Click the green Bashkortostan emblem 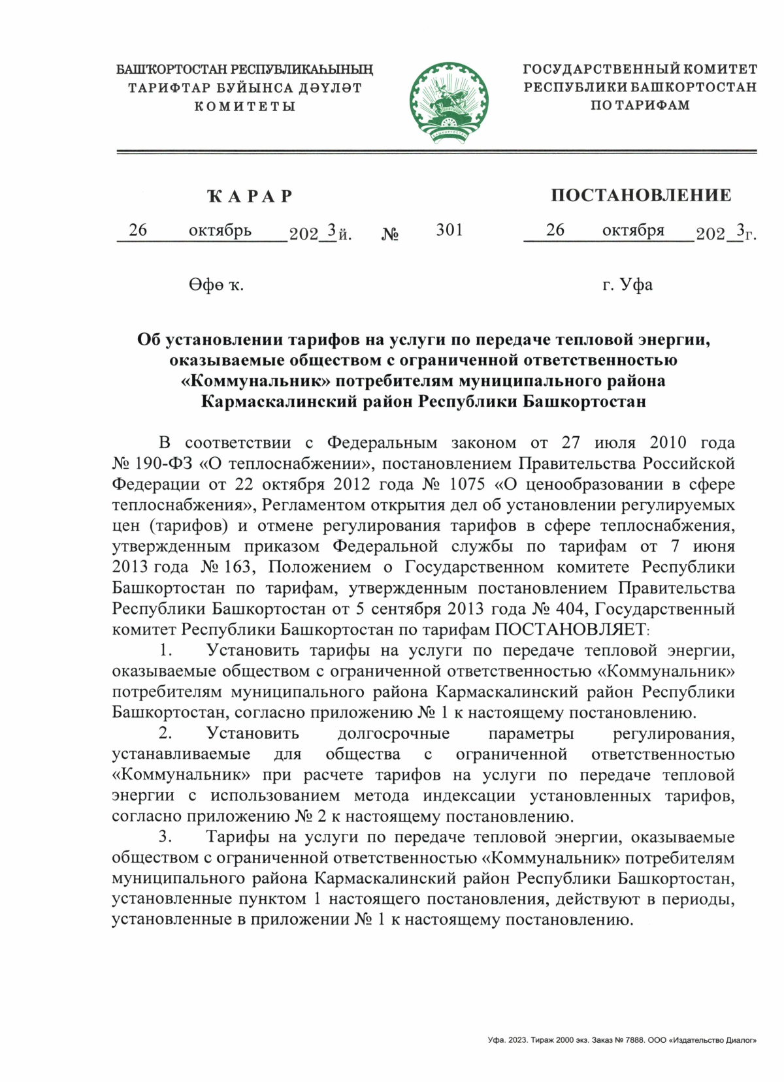449,103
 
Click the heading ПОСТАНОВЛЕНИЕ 640,195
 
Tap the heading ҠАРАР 250,196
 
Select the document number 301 449,230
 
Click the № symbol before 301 390,234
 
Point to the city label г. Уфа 627,285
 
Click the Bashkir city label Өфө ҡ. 216,285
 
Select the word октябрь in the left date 220,231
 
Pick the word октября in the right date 633,230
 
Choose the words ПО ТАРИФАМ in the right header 640,105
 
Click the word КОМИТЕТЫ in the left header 245,106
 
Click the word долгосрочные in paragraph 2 393,733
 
